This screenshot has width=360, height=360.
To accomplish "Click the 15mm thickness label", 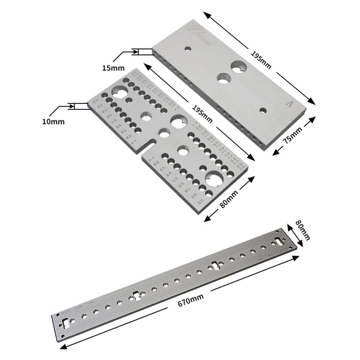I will coord(113,68).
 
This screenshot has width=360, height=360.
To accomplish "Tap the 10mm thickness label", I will coord(53,122).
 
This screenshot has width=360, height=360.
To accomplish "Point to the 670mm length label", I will coord(190,300).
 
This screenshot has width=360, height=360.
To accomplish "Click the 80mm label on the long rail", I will coord(302,230).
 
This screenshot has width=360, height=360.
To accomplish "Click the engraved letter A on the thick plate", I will coord(288,104).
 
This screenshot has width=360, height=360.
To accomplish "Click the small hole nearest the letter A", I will coord(263,111).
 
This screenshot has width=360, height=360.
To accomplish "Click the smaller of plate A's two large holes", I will coord(224,78).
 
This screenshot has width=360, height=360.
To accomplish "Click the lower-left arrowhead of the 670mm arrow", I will coord(62,348).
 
